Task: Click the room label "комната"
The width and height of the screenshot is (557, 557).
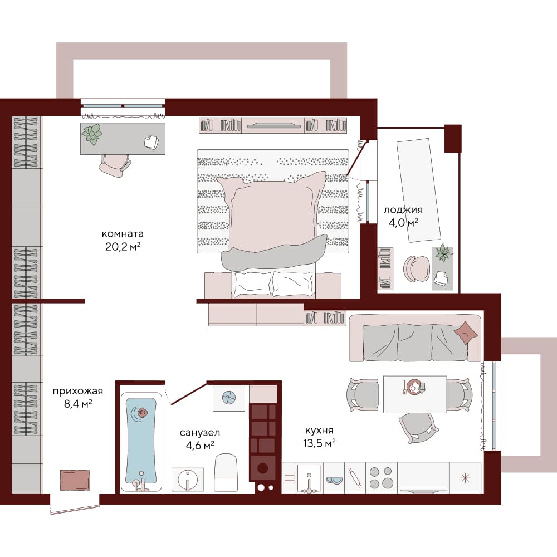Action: click(123, 234)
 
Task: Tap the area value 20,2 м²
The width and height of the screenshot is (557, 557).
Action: click(123, 246)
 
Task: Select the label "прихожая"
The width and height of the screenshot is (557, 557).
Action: click(78, 392)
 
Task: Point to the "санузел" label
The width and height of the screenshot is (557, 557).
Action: click(199, 433)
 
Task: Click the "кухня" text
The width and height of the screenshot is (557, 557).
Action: click(319, 431)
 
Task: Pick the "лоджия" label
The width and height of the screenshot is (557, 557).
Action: click(403, 210)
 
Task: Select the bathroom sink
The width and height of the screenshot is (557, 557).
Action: click(188, 480)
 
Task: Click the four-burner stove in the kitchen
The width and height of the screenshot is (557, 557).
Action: click(381, 478)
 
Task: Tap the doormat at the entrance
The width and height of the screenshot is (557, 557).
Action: click(75, 480)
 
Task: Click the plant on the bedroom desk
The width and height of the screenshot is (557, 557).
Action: click(92, 134)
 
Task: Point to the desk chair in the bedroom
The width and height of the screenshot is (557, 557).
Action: click(114, 165)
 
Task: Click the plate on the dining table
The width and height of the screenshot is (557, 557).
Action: click(413, 387)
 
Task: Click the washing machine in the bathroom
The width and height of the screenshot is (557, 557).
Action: click(229, 398)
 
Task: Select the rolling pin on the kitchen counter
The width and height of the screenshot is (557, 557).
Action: click(355, 477)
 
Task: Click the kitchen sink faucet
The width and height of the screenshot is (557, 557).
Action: click(309, 483)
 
